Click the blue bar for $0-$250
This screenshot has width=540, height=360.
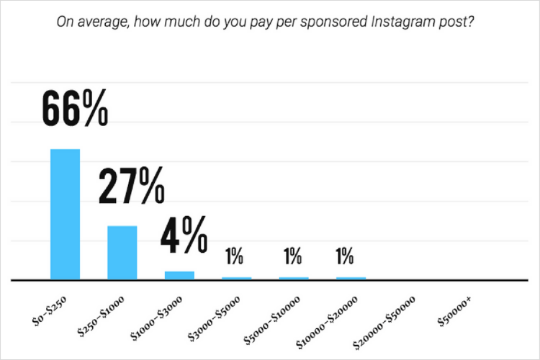[65, 214]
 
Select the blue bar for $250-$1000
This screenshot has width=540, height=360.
[122, 252]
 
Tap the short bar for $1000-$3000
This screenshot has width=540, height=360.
[179, 274]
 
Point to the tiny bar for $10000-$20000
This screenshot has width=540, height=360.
[351, 277]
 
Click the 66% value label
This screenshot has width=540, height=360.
[74, 107]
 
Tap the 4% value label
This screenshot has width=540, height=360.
[184, 235]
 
